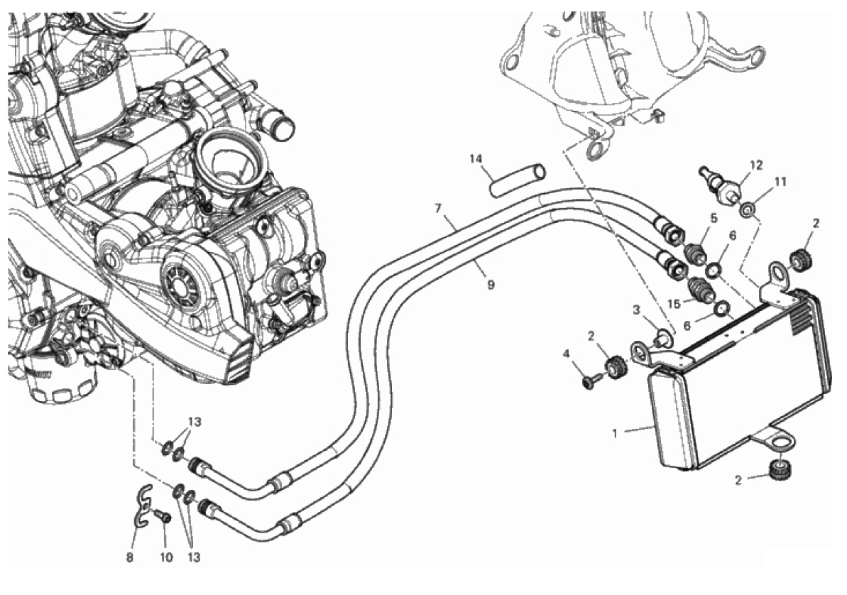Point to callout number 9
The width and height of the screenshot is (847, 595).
[x=490, y=285]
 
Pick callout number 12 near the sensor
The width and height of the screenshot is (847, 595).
[x=755, y=165]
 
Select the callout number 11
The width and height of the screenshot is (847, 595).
[x=780, y=182]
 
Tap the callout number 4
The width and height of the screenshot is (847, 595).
[x=566, y=353]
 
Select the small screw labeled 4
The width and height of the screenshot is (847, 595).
[x=588, y=383]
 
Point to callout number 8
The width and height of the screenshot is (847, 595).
[x=129, y=557]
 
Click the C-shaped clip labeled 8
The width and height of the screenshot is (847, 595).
[x=143, y=505]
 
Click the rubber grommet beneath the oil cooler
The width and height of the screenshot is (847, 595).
[x=782, y=469]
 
